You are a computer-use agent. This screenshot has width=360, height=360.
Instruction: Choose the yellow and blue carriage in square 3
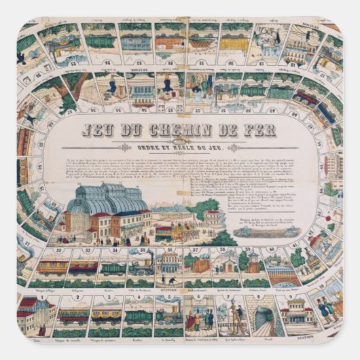click(x=106, y=316)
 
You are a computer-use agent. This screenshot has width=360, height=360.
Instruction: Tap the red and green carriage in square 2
click(x=73, y=317)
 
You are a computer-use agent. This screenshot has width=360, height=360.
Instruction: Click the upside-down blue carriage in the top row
click(x=135, y=41)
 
